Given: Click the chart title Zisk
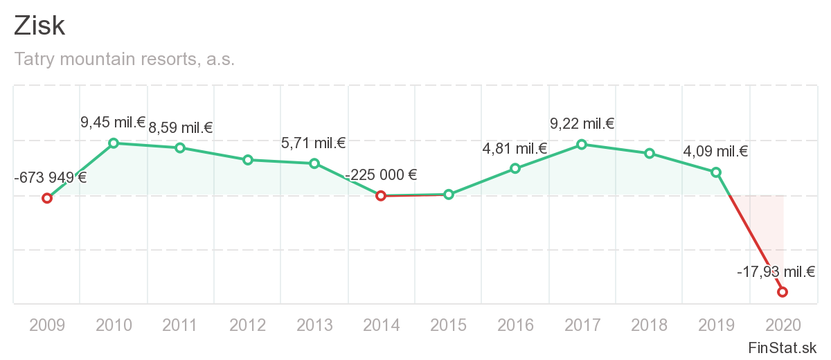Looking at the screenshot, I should [39, 26].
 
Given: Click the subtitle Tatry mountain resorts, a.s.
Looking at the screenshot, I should [125, 60].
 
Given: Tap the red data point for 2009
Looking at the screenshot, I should [47, 198].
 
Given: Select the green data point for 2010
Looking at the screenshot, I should [114, 143].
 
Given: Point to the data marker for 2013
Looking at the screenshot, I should [314, 163].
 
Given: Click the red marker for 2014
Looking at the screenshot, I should [380, 196].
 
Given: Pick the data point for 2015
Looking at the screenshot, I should [449, 195].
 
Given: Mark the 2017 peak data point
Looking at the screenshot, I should [582, 145].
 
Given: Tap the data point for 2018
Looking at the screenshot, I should [650, 153].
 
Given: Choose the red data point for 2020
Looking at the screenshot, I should [783, 292].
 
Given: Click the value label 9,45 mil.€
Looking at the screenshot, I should [113, 123].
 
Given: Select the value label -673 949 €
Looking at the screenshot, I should [50, 177].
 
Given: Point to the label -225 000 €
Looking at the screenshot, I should [381, 175].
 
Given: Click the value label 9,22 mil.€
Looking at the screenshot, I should [582, 125].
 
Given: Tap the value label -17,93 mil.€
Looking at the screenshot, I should [776, 272].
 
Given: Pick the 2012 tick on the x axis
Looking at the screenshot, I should [248, 325].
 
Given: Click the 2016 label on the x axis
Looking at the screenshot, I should [515, 325].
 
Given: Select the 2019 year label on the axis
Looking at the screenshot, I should [716, 325].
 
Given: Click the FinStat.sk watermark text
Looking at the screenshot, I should [783, 348].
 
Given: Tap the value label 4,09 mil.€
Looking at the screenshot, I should [715, 152].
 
